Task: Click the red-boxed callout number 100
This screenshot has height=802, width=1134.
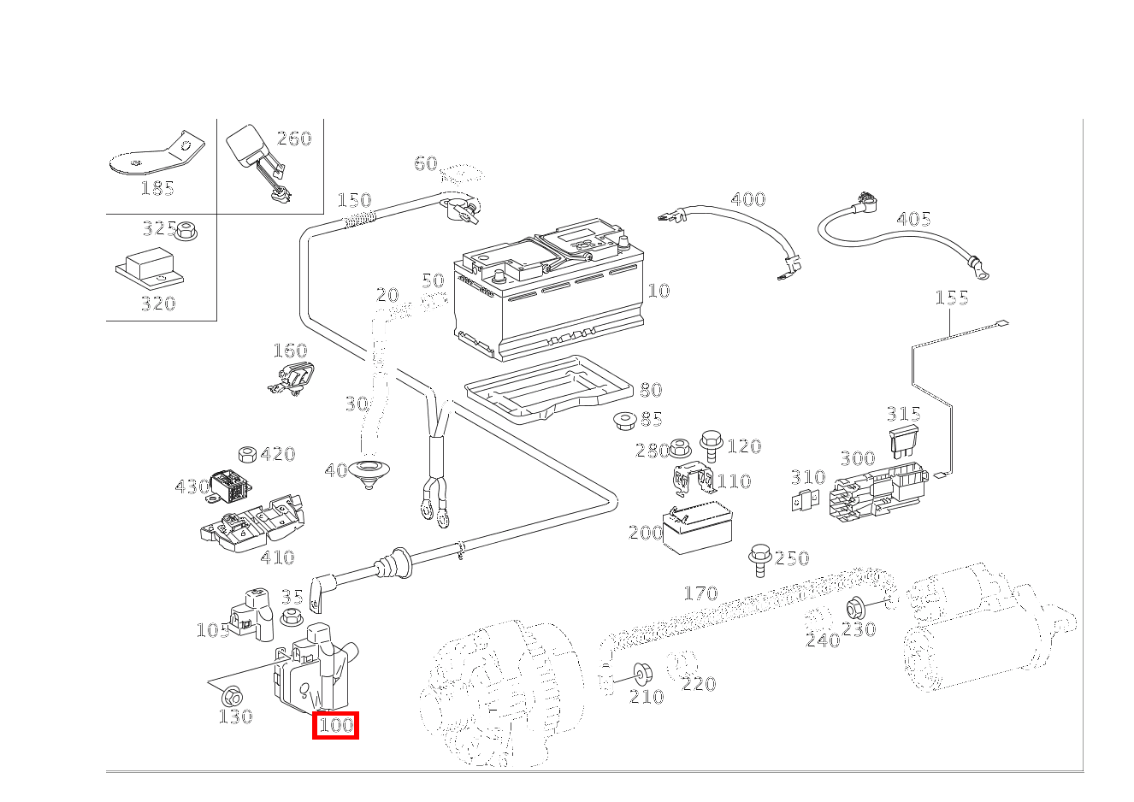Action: point(335,726)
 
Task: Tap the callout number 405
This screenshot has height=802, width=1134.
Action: point(913,219)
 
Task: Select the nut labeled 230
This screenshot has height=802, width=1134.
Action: point(853,609)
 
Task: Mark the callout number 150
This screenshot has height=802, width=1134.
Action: point(354,200)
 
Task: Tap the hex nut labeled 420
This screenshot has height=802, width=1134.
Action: point(247,453)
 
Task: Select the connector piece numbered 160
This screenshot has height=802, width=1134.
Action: point(292,378)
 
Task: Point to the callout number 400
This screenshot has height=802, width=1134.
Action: point(747,199)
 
